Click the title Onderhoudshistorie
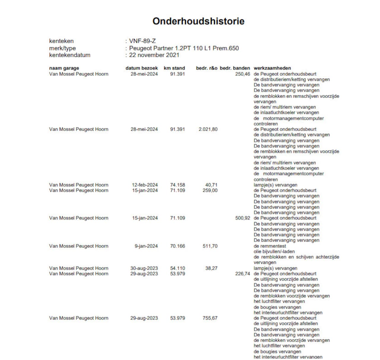(198, 21)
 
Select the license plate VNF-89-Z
(142, 41)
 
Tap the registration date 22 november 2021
(154, 55)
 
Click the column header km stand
(174, 68)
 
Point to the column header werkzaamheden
(272, 68)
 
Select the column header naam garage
(64, 68)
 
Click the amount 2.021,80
(208, 129)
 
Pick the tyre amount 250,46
(243, 74)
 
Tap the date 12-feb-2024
(145, 185)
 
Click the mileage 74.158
(177, 185)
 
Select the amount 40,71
(211, 185)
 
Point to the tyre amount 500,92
(243, 218)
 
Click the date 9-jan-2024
(146, 246)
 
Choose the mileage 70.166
(177, 246)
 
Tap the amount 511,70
(210, 246)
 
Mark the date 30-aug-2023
(144, 268)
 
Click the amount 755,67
(210, 318)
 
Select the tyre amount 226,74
(243, 274)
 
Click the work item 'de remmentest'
(270, 246)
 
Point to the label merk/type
(62, 48)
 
